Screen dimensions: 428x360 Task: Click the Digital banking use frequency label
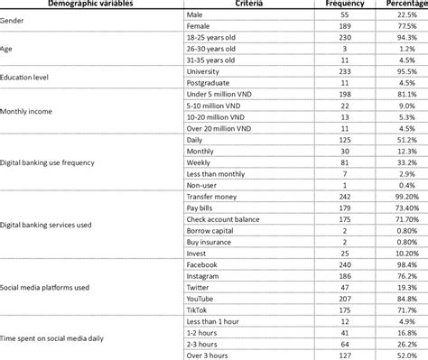coord(60,162)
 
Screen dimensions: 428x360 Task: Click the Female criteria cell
coord(199,28)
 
